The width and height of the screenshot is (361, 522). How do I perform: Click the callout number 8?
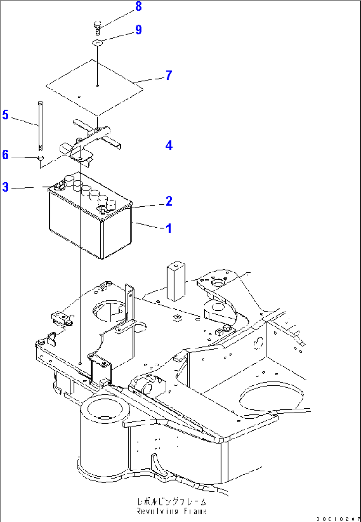(138, 6)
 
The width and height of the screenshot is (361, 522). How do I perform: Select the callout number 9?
(138, 30)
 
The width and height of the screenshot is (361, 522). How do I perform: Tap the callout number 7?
(169, 75)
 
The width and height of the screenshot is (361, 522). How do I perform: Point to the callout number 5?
(5, 115)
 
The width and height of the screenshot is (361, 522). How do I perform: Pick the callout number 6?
(5, 155)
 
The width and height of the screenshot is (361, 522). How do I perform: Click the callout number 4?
(169, 145)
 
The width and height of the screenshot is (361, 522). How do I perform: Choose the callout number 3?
(5, 187)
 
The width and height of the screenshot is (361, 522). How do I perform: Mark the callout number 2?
(169, 201)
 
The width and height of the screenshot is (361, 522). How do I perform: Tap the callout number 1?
(169, 228)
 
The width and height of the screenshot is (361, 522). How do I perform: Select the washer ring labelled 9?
(97, 42)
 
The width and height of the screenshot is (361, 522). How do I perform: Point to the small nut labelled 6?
(40, 158)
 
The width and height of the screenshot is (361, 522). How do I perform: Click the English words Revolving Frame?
(172, 511)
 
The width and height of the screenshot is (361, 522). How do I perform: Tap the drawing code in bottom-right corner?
(337, 519)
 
